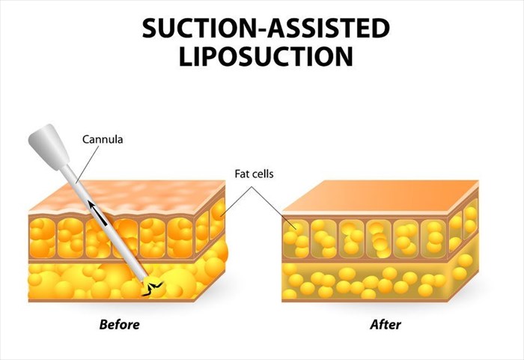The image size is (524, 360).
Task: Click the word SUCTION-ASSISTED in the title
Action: (x=266, y=28)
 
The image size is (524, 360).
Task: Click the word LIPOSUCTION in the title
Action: (x=266, y=56)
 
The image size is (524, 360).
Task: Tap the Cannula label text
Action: (x=103, y=139)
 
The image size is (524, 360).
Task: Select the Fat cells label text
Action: (x=254, y=174)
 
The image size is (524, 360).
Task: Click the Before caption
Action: (x=119, y=324)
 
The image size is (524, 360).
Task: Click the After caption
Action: (x=386, y=324)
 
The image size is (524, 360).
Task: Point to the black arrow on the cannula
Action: (x=97, y=213)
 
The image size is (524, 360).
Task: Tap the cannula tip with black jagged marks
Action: (x=152, y=287)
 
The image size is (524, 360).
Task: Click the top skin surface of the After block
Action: (x=380, y=197)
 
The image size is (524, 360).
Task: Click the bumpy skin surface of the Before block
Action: (x=127, y=198)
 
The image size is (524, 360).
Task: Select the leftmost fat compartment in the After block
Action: (x=296, y=239)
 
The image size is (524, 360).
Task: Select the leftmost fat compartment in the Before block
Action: (x=43, y=238)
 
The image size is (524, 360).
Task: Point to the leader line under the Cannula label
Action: (x=88, y=165)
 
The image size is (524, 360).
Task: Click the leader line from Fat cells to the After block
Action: (x=274, y=208)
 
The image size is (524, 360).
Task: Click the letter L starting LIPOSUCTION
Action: (x=186, y=56)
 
